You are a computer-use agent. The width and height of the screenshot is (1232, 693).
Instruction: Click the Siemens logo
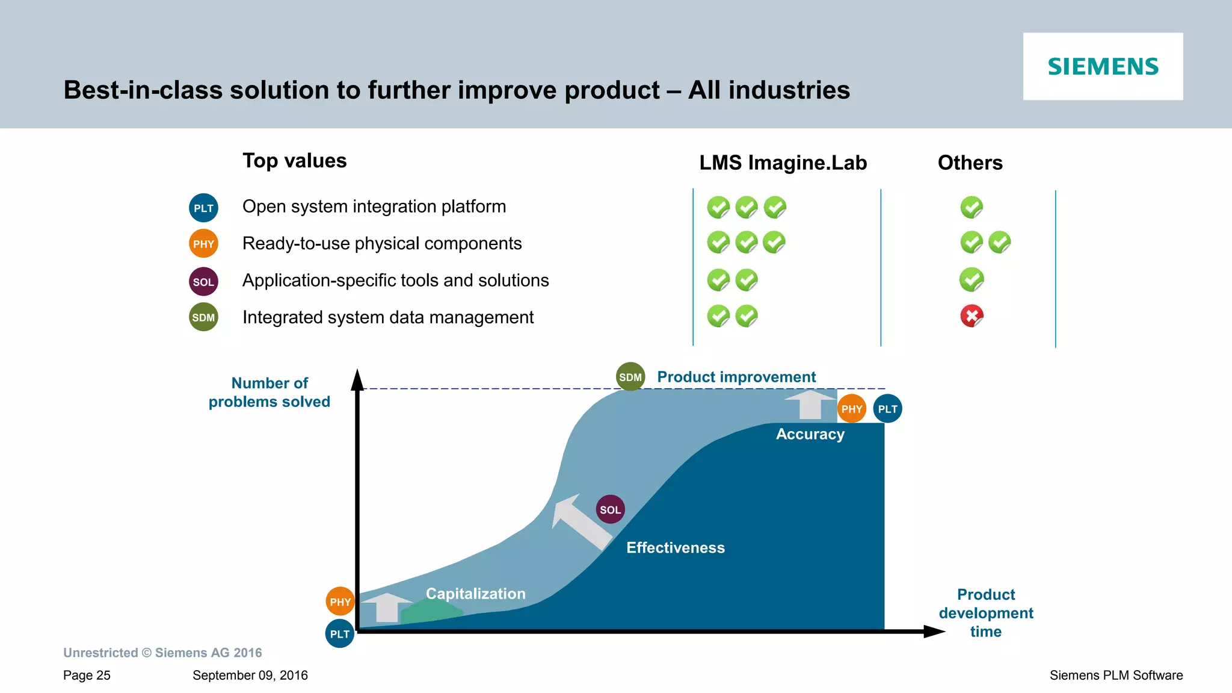click(x=1103, y=66)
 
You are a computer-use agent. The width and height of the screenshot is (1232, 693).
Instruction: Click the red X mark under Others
click(x=972, y=315)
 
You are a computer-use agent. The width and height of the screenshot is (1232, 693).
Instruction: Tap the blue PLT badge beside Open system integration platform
click(x=203, y=208)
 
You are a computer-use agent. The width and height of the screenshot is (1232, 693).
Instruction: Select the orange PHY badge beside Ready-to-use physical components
click(x=203, y=244)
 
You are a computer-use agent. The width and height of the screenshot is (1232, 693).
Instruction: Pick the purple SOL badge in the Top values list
click(x=203, y=282)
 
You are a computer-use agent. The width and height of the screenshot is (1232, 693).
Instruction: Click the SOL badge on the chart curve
click(x=610, y=509)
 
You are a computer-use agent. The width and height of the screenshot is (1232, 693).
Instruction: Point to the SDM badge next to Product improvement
click(x=630, y=377)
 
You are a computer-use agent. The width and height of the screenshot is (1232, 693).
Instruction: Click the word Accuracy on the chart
click(x=810, y=434)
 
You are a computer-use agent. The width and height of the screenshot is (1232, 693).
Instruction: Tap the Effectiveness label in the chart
click(x=676, y=547)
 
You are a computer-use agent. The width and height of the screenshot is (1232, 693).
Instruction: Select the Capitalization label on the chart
click(x=475, y=594)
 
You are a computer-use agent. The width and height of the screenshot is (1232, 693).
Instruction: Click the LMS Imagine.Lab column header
click(x=783, y=163)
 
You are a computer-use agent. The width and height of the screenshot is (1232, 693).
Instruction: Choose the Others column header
click(x=970, y=163)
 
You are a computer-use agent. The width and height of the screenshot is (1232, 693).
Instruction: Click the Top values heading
click(x=294, y=161)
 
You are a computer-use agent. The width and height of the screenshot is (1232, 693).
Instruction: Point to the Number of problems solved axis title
click(x=269, y=392)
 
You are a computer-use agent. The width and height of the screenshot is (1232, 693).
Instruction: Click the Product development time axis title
click(x=986, y=613)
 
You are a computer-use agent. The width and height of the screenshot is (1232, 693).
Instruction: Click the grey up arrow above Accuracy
click(x=810, y=404)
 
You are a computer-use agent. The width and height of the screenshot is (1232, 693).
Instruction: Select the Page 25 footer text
click(x=87, y=675)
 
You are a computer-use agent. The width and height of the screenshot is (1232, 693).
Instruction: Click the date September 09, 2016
click(x=250, y=675)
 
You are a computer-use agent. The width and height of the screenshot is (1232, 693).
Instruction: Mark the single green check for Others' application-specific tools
click(x=971, y=279)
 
